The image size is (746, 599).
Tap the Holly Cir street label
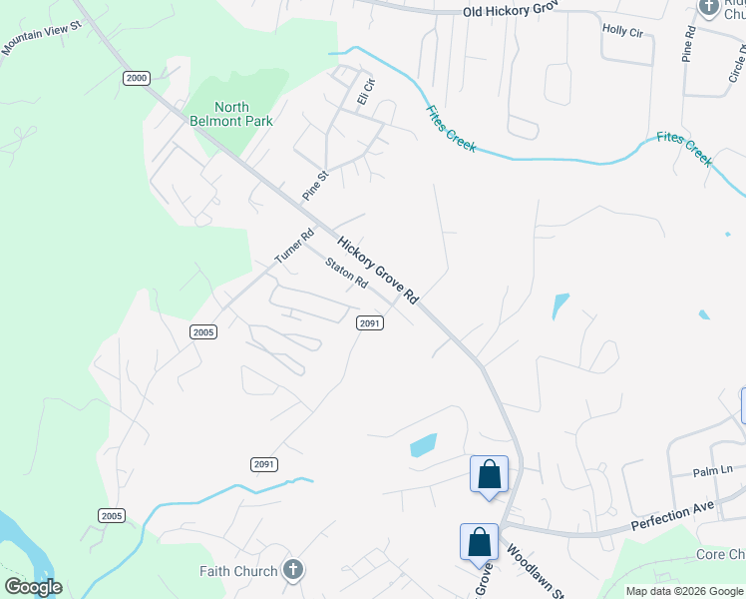(622, 31)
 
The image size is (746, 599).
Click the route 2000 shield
(137, 78)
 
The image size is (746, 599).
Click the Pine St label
(315, 185)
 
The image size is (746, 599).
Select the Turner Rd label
(294, 246)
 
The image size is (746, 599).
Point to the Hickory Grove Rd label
(377, 271)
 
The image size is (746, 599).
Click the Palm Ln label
(713, 470)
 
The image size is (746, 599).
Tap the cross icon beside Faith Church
(292, 571)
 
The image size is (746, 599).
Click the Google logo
(33, 587)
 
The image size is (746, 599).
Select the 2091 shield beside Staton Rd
(370, 321)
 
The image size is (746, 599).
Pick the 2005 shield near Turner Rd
(203, 331)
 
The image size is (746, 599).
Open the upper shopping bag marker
(490, 473)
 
